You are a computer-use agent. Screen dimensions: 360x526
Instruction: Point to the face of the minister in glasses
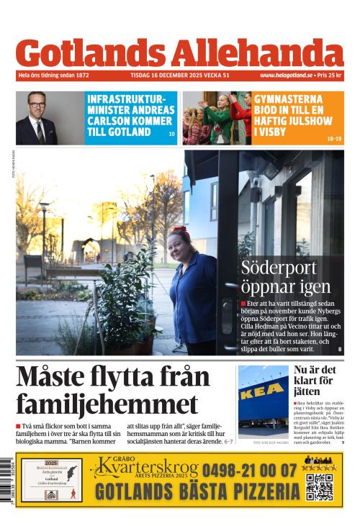[37, 109]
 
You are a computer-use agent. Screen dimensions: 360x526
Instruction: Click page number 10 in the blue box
[171, 135]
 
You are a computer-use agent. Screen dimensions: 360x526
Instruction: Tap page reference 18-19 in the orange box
[334, 138]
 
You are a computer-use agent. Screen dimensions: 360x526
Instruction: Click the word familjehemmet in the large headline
[107, 405]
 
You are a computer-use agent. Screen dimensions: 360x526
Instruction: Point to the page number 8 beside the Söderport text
[339, 350]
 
